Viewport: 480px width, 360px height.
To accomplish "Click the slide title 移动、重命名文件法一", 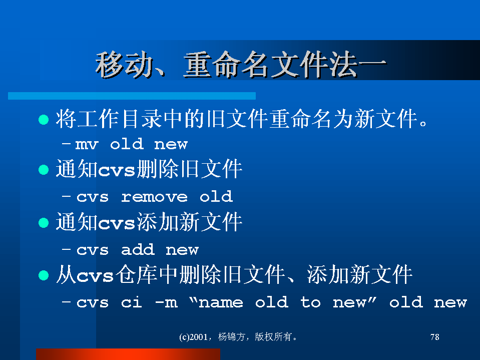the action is pyautogui.click(x=241, y=65).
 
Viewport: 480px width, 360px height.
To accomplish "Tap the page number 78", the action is pyautogui.click(x=434, y=337).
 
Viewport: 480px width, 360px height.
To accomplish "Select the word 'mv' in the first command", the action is pyautogui.click(x=87, y=145).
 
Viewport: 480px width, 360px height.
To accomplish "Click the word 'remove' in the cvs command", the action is pyautogui.click(x=154, y=197).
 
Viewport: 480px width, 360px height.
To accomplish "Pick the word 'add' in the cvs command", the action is pyautogui.click(x=138, y=250).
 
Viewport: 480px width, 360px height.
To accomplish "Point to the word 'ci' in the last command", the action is pyautogui.click(x=132, y=302).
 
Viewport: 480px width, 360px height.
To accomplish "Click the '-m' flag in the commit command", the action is pyautogui.click(x=166, y=303).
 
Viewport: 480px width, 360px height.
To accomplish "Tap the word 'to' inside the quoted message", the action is pyautogui.click(x=310, y=302).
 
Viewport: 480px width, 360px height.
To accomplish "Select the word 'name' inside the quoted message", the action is pyautogui.click(x=221, y=303).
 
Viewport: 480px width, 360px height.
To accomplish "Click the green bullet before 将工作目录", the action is pyautogui.click(x=44, y=120).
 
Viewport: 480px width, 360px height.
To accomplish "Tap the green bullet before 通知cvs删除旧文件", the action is pyautogui.click(x=44, y=170).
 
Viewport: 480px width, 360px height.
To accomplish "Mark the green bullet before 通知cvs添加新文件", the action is pyautogui.click(x=44, y=222).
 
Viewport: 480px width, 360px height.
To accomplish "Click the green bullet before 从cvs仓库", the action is pyautogui.click(x=44, y=275).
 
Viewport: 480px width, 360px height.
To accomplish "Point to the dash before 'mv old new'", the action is pyautogui.click(x=66, y=143).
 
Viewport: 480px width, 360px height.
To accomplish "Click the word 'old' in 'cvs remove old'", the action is pyautogui.click(x=216, y=197).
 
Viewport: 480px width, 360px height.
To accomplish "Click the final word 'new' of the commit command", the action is pyautogui.click(x=450, y=303).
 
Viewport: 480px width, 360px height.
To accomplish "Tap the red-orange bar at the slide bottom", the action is pyautogui.click(x=128, y=354).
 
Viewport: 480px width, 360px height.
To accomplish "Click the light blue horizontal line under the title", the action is pyautogui.click(x=132, y=96).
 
